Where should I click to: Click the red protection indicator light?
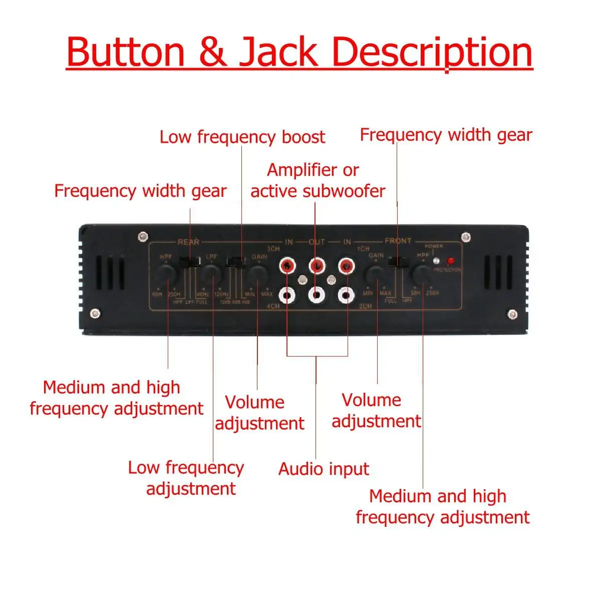450,261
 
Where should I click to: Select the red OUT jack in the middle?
316,265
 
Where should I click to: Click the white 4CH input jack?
286,295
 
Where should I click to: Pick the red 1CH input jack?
346,265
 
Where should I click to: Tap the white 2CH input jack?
346,295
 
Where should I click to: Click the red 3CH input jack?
286,265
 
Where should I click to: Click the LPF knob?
211,273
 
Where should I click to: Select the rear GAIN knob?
257,273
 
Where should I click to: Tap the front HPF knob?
422,274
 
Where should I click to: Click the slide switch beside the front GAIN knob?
399,261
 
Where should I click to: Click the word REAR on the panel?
188,242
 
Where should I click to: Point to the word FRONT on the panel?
398,241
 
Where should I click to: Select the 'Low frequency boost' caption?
242,137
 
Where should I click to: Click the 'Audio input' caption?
324,469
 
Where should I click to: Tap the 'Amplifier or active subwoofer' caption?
318,180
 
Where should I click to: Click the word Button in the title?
125,52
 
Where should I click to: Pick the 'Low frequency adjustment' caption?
186,478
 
